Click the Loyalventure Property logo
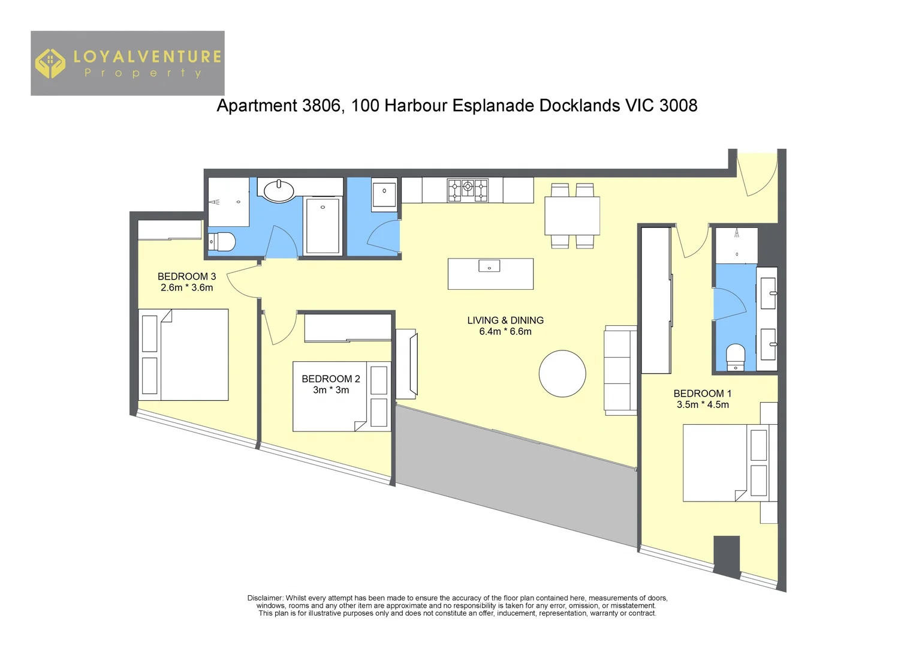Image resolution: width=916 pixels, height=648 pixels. click(127, 64)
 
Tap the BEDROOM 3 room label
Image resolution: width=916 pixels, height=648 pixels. click(186, 277)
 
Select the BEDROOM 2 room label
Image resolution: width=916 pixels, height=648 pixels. click(330, 379)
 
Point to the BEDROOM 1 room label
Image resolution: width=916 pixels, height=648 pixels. click(702, 394)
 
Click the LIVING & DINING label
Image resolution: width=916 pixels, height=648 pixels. click(505, 320)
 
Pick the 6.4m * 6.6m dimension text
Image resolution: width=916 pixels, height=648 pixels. click(505, 332)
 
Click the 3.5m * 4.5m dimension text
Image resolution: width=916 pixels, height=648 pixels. click(703, 405)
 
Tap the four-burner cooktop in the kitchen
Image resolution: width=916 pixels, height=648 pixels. click(468, 190)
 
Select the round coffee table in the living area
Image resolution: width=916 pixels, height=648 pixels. click(562, 374)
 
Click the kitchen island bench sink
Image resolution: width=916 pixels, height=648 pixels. click(489, 265)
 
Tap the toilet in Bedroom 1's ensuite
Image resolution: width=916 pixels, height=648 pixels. click(735, 357)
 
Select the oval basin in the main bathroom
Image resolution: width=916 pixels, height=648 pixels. click(279, 191)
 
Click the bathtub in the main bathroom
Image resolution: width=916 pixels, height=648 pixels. click(323, 226)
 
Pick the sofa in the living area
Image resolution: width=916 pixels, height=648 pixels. click(620, 371)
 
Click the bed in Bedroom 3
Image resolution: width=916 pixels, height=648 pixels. click(183, 355)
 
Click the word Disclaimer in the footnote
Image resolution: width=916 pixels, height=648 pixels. click(264, 598)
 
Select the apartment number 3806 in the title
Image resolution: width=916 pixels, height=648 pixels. click(323, 106)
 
